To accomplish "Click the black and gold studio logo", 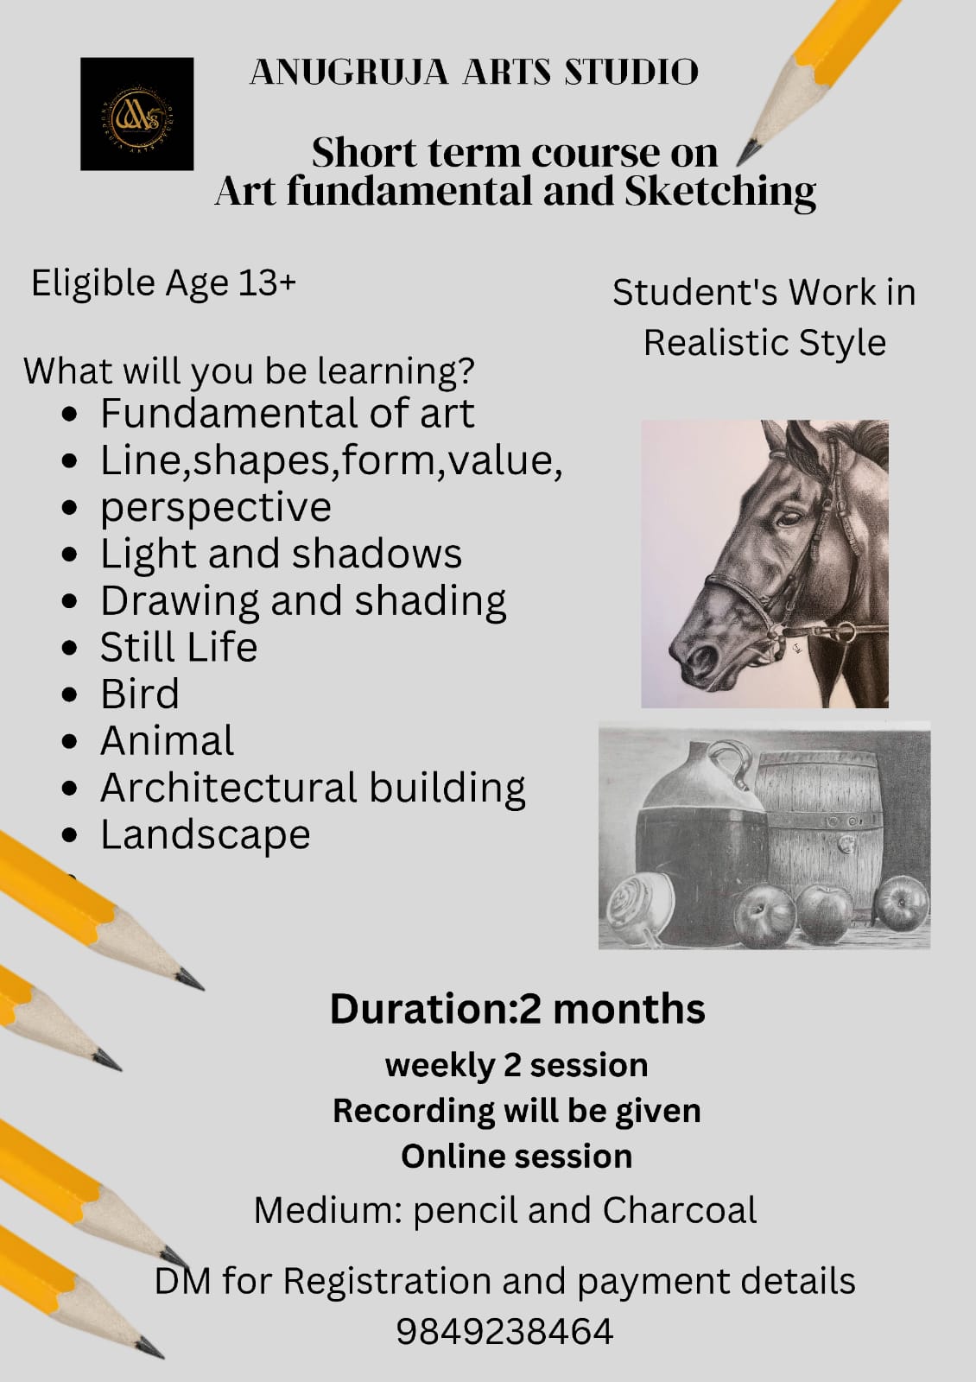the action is (x=137, y=114).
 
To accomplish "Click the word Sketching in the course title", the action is (x=720, y=192).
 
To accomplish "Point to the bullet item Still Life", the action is (x=179, y=647).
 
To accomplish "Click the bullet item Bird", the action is (x=140, y=694).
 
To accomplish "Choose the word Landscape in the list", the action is (x=206, y=834).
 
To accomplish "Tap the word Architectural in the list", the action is (x=229, y=788).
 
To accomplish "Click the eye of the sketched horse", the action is (x=789, y=517).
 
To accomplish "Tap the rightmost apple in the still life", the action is (x=902, y=903).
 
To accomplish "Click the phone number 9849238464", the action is (x=504, y=1331).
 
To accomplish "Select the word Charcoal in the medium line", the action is (x=680, y=1210).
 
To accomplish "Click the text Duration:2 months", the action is (x=517, y=1009).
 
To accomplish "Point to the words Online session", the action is (x=517, y=1156).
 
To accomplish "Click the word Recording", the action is (x=414, y=1111).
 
